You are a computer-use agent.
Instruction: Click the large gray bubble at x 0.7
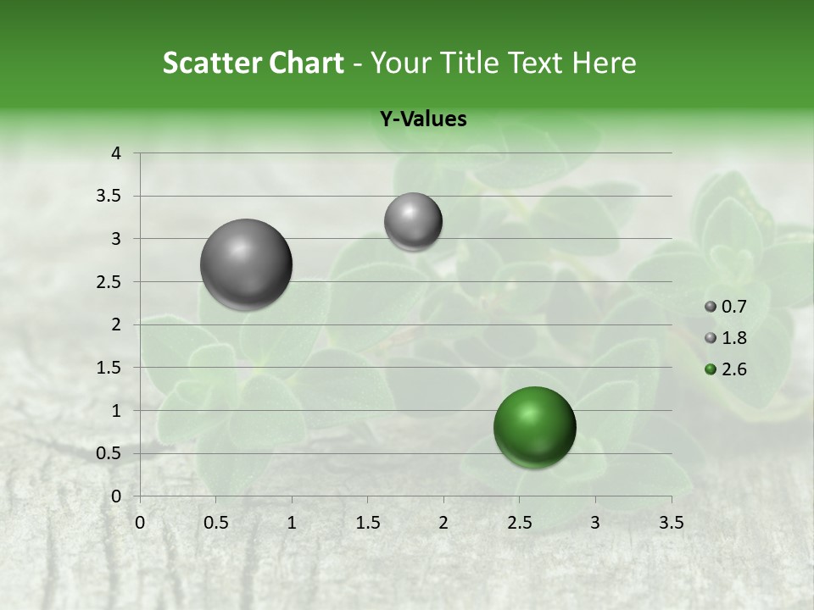click(x=247, y=264)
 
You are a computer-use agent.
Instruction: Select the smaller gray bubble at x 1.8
click(x=413, y=222)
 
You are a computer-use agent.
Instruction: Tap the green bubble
click(x=534, y=427)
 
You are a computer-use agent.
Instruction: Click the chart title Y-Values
click(x=422, y=119)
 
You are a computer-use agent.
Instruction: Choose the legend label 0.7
click(x=734, y=307)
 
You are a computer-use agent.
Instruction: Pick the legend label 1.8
click(x=734, y=338)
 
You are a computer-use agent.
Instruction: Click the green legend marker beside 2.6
click(x=711, y=369)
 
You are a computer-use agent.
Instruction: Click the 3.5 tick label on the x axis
click(x=671, y=522)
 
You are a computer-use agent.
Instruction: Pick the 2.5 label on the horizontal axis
click(x=519, y=522)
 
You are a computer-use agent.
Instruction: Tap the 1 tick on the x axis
click(x=292, y=522)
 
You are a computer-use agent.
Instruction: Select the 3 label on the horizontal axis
click(x=595, y=522)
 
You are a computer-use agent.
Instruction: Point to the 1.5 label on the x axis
click(x=367, y=522)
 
